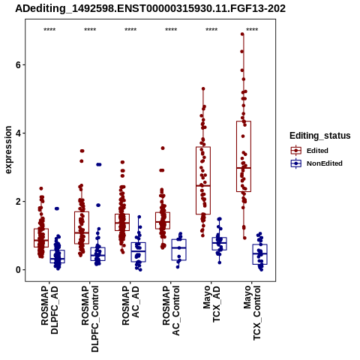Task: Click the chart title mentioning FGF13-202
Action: pyautogui.click(x=150, y=9)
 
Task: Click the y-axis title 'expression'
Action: pyautogui.click(x=8, y=150)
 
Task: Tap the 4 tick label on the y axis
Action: pyautogui.click(x=17, y=133)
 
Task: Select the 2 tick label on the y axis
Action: pyautogui.click(x=17, y=202)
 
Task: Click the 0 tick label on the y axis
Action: pyautogui.click(x=17, y=270)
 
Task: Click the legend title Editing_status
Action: pyautogui.click(x=320, y=136)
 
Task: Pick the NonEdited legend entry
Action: pyautogui.click(x=316, y=163)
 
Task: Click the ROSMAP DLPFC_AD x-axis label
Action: pyautogui.click(x=49, y=310)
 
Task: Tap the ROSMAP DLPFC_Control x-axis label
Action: pyautogui.click(x=90, y=319)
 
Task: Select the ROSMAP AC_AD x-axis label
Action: pyautogui.click(x=130, y=305)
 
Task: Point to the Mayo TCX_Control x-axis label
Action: pyautogui.click(x=252, y=313)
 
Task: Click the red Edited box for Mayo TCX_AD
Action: pyautogui.click(x=203, y=181)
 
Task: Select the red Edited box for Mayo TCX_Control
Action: pyautogui.click(x=244, y=157)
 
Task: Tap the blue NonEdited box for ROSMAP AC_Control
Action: pyautogui.click(x=179, y=250)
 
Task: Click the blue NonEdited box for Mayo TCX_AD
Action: pyautogui.click(x=220, y=244)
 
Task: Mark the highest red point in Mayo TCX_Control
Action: pyautogui.click(x=242, y=34)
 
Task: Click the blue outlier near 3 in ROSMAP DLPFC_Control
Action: pyautogui.click(x=99, y=164)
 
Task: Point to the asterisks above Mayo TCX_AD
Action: pyautogui.click(x=211, y=30)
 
